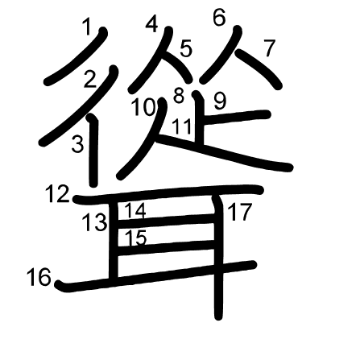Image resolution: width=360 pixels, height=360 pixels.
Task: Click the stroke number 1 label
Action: click(x=87, y=27)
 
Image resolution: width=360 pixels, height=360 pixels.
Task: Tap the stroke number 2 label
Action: click(x=90, y=79)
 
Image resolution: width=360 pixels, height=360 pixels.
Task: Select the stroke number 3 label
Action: click(x=78, y=144)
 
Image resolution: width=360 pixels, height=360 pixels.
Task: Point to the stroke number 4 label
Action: click(x=151, y=24)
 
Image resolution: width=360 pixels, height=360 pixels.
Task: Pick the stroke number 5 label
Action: click(x=186, y=48)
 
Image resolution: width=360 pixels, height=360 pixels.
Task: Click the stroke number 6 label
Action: click(x=219, y=19)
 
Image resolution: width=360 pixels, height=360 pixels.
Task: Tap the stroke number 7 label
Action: click(x=269, y=48)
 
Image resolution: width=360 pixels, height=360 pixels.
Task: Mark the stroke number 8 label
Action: click(x=179, y=96)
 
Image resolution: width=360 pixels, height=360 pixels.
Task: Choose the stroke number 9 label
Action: click(x=220, y=101)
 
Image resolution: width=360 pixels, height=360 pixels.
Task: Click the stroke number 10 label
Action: click(x=144, y=107)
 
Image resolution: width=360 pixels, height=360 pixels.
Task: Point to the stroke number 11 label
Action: click(x=182, y=126)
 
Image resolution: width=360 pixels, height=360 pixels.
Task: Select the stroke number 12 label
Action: click(x=58, y=194)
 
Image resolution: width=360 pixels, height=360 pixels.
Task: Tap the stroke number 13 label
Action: click(x=95, y=222)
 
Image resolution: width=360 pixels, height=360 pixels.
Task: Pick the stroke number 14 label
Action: click(x=135, y=210)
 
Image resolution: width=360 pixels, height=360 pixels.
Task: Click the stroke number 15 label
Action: click(x=136, y=238)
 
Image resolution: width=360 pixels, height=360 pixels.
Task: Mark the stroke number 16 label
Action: click(x=39, y=277)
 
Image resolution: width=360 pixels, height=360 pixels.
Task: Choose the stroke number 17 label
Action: click(x=240, y=213)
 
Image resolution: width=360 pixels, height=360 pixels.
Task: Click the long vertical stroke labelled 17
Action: click(x=219, y=258)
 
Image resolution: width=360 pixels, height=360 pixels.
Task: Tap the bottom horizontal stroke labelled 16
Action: click(x=155, y=276)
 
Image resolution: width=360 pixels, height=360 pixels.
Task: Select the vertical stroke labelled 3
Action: click(x=93, y=151)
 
